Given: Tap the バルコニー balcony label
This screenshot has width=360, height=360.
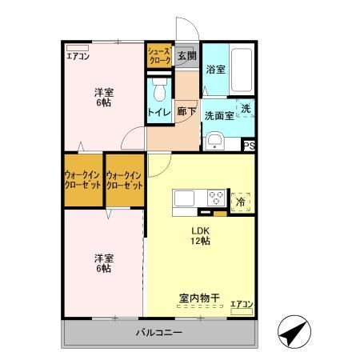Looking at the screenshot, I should click(158, 332).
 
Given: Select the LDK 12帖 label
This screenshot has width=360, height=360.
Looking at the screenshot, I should click(200, 236).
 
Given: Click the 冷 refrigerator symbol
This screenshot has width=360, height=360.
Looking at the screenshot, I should click(241, 202).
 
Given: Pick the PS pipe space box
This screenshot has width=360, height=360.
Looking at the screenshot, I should click(249, 146).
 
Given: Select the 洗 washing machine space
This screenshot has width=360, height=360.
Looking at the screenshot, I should click(246, 109).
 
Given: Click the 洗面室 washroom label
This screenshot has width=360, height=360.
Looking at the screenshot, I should click(217, 115).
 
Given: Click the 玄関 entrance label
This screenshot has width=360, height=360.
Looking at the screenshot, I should click(186, 55).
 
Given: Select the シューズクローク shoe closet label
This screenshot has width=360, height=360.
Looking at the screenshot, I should click(158, 55).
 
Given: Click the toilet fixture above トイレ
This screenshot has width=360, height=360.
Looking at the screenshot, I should click(158, 86).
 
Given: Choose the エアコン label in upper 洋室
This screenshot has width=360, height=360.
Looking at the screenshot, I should click(78, 56).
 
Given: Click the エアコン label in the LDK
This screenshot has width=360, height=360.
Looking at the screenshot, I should click(241, 304).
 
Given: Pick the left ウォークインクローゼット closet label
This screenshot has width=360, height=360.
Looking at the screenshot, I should click(83, 180).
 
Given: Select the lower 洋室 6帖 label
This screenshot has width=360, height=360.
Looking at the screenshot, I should click(102, 263).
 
